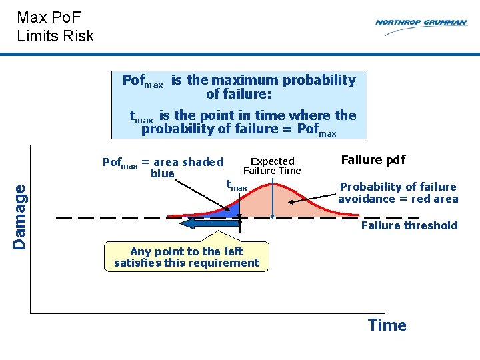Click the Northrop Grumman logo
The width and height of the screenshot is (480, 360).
pos(421,27)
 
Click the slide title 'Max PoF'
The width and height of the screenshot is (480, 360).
pos(49,17)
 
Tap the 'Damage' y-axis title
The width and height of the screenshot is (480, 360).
pos(19,217)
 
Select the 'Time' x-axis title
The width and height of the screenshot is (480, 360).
pos(387,325)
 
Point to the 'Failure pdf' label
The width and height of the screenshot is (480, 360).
pos(373,160)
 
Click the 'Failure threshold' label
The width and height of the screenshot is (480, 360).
pos(409,225)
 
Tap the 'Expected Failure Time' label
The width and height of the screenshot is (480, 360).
pos(272,166)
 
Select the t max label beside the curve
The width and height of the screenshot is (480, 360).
pos(236,185)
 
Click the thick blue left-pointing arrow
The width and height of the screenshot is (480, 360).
pos(210,223)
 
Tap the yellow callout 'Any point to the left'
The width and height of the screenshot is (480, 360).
pos(187,257)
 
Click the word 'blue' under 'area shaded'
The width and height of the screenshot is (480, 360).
pos(163,173)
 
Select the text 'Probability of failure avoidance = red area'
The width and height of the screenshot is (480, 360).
pos(398,193)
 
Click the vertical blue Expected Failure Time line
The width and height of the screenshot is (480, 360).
pos(273,196)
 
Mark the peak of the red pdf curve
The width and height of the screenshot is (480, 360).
pos(274,184)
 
